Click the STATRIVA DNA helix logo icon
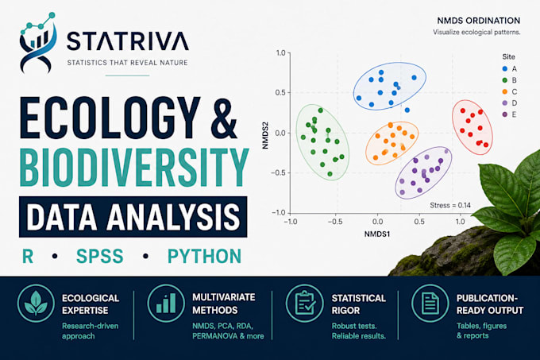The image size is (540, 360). point(38,43)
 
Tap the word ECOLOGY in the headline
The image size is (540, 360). point(110,118)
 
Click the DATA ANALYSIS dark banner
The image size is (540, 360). point(133,217)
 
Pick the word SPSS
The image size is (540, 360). point(100,257)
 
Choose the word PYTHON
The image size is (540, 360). point(205,257)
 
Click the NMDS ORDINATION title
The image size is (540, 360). point(479,21)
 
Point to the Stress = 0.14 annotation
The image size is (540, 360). point(450,205)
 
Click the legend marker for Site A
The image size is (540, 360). point(505,69)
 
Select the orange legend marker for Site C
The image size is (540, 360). point(505,91)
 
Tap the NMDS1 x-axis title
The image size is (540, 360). point(377,234)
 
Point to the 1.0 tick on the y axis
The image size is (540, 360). point(280,52)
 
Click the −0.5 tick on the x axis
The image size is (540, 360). point(335,221)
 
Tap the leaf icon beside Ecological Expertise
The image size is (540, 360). point(36,303)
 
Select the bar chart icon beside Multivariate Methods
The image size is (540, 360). point(166,303)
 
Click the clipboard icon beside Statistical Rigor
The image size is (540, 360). point(305,303)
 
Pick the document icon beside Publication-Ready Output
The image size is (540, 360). point(430,303)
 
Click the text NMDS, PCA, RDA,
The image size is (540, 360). point(223,326)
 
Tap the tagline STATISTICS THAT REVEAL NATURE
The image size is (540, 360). point(127,63)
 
